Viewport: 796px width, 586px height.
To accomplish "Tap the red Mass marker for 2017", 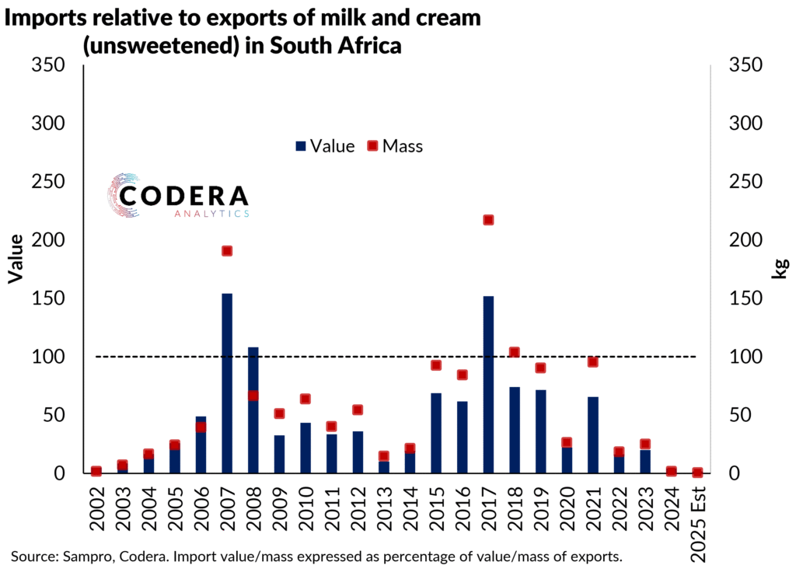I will [x=488, y=220].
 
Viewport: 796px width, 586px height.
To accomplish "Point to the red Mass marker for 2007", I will [x=227, y=251].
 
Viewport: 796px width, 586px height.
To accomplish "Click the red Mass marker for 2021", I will [x=592, y=361].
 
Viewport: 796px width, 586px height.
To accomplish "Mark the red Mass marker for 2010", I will [x=305, y=399].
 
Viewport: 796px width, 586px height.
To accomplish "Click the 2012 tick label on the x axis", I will [x=358, y=505].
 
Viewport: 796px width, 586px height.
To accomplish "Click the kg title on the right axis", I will [x=779, y=269].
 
